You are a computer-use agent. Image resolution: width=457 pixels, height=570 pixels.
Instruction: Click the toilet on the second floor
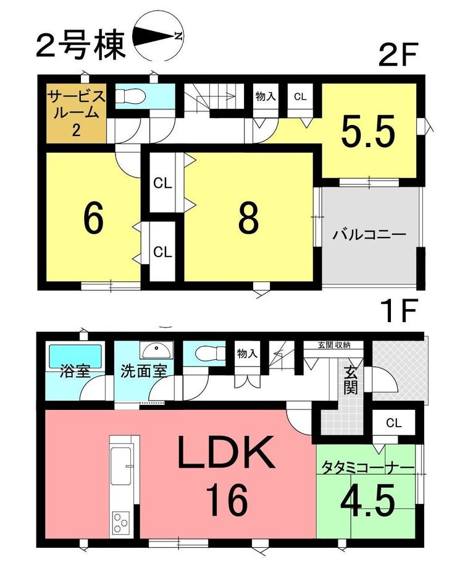pyautogui.click(x=130, y=96)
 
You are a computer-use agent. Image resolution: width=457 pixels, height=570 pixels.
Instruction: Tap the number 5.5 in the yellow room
pyautogui.click(x=368, y=131)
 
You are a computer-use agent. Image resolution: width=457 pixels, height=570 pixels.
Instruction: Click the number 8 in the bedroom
pyautogui.click(x=249, y=218)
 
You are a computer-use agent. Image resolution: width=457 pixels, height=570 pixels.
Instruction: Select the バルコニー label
pyautogui.click(x=369, y=234)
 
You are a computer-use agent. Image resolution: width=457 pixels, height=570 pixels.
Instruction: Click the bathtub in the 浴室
pyautogui.click(x=75, y=354)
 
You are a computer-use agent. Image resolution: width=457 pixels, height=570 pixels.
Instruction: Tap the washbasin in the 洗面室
pyautogui.click(x=156, y=351)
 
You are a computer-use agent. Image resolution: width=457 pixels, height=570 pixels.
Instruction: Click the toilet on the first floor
pyautogui.click(x=209, y=352)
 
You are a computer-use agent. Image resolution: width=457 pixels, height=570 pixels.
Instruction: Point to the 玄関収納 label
pyautogui.click(x=334, y=345)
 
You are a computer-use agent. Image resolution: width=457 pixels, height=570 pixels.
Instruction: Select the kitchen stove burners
pyautogui.click(x=120, y=522)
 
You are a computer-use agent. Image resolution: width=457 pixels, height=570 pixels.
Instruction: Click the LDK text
pyautogui.click(x=226, y=452)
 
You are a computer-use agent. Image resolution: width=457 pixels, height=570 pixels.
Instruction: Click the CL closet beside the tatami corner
pyautogui.click(x=394, y=423)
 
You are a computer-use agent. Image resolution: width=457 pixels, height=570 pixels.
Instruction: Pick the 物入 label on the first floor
pyautogui.click(x=247, y=353)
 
